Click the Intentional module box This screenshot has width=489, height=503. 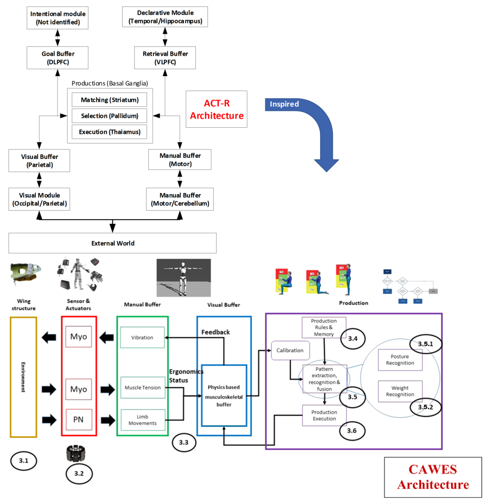click(58, 18)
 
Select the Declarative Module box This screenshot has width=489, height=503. click(165, 17)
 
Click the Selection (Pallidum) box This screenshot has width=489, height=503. click(109, 116)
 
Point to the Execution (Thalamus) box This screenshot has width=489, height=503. click(109, 132)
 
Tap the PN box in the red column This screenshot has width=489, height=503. click(79, 419)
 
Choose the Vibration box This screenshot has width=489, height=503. click(142, 337)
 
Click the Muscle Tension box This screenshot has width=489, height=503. click(143, 387)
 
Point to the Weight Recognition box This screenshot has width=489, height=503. click(400, 391)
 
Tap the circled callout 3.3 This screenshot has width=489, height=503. click(184, 442)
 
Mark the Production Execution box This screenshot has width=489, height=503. click(324, 415)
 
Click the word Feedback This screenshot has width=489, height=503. click(215, 332)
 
